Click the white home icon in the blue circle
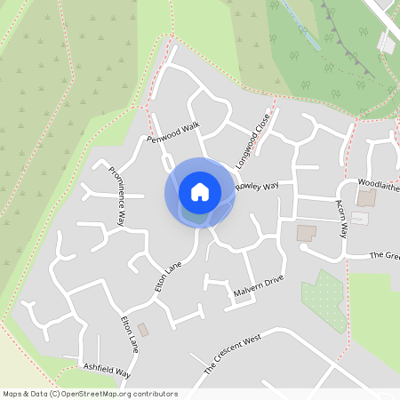click(x=200, y=191)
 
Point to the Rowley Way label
click(x=258, y=188)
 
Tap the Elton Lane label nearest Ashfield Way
click(x=129, y=333)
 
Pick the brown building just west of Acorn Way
click(x=306, y=233)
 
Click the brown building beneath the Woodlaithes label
click(x=366, y=197)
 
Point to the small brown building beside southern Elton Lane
click(x=144, y=330)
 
